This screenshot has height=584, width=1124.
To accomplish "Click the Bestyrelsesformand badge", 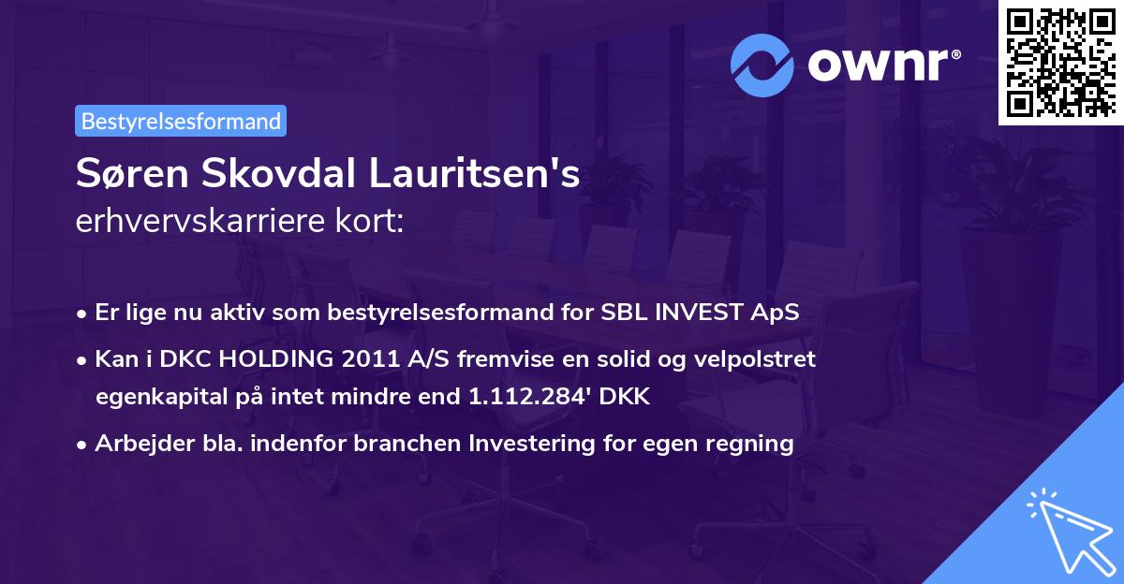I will [x=180, y=121].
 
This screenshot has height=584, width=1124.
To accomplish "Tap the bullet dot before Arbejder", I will [x=83, y=445].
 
